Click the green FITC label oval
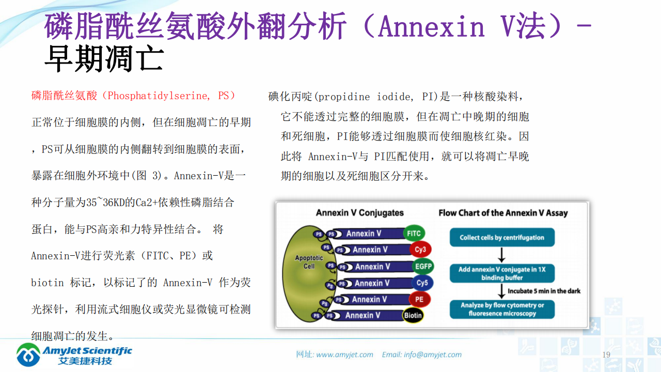414,234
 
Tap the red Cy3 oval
420,250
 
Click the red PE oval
419,299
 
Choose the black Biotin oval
413,315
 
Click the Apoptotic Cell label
309,262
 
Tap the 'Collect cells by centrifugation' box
502,238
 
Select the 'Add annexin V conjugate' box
502,273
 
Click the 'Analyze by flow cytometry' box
502,309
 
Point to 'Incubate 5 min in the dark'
544,291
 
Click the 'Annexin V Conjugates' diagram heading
359,213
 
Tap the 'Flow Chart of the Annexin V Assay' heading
503,213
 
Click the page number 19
606,354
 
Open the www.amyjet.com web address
344,354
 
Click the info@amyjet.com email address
433,354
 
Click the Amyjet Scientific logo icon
28,354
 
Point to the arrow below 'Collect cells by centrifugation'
501,255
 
